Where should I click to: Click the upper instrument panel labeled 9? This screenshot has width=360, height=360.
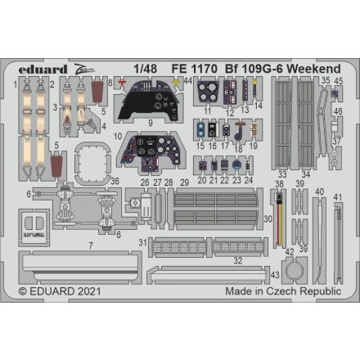pyautogui.click(x=149, y=103)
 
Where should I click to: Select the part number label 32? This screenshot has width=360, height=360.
pyautogui.click(x=237, y=260)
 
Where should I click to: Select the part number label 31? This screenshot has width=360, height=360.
pyautogui.click(x=142, y=242)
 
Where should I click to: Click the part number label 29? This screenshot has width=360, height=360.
pyautogui.click(x=185, y=182)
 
